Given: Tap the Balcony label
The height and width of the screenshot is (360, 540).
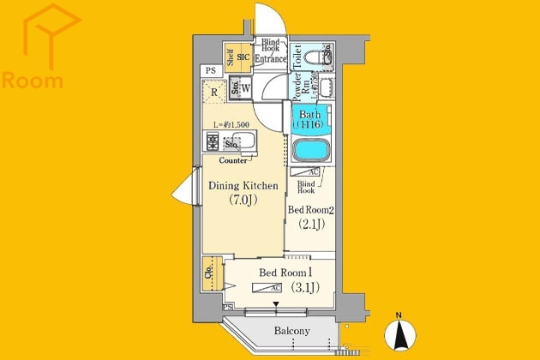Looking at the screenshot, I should [x=291, y=331].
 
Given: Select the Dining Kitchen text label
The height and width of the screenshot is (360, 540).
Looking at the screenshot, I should [x=243, y=185].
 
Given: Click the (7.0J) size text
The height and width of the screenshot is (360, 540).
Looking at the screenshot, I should [x=243, y=201].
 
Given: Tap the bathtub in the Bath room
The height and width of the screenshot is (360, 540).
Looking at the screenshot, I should [x=311, y=150].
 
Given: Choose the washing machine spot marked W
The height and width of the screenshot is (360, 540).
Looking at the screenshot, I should [x=245, y=87].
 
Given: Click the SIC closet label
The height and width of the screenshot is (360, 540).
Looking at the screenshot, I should [x=243, y=58].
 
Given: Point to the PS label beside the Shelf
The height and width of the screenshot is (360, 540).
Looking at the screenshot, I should [x=209, y=70].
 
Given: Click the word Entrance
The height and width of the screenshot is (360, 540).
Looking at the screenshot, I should [x=270, y=59].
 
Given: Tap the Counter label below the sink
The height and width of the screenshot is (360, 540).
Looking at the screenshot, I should [x=233, y=160].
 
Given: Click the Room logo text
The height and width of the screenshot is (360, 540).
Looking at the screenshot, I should [x=33, y=81].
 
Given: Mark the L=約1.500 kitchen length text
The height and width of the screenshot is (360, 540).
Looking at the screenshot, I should [x=231, y=125].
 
